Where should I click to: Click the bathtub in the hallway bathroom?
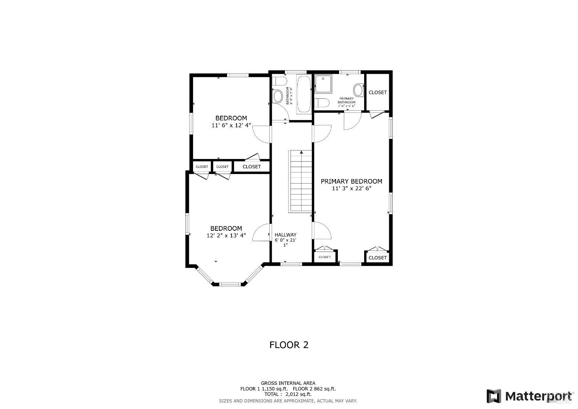[304, 94]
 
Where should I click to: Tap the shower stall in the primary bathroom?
[323, 84]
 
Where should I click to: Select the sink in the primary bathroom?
[358, 90]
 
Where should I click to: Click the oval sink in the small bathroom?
[277, 96]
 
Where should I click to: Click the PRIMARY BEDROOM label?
[351, 181]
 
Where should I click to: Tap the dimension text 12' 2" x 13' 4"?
[226, 235]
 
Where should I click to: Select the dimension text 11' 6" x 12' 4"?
[231, 125]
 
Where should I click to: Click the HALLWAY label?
[286, 235]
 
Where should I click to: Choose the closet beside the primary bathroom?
[377, 92]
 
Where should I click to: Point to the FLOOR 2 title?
[289, 345]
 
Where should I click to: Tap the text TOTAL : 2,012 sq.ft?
[288, 394]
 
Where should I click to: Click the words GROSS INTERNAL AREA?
[288, 383]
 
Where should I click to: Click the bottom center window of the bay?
[230, 284]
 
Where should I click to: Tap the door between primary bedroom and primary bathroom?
[351, 120]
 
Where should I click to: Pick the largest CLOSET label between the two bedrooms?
[252, 167]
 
